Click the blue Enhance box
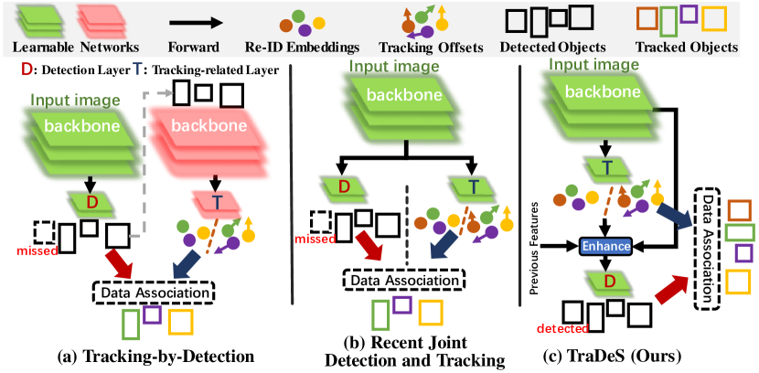click(x=605, y=247)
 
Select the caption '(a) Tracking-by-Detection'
click(x=155, y=357)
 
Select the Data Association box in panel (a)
click(x=153, y=293)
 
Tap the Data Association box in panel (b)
click(x=403, y=280)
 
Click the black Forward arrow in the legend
click(x=195, y=23)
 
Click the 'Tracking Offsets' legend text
click(x=432, y=48)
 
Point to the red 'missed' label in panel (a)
click(x=37, y=250)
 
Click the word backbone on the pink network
click(x=209, y=126)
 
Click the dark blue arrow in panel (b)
click(x=444, y=250)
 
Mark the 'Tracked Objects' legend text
click(x=687, y=48)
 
